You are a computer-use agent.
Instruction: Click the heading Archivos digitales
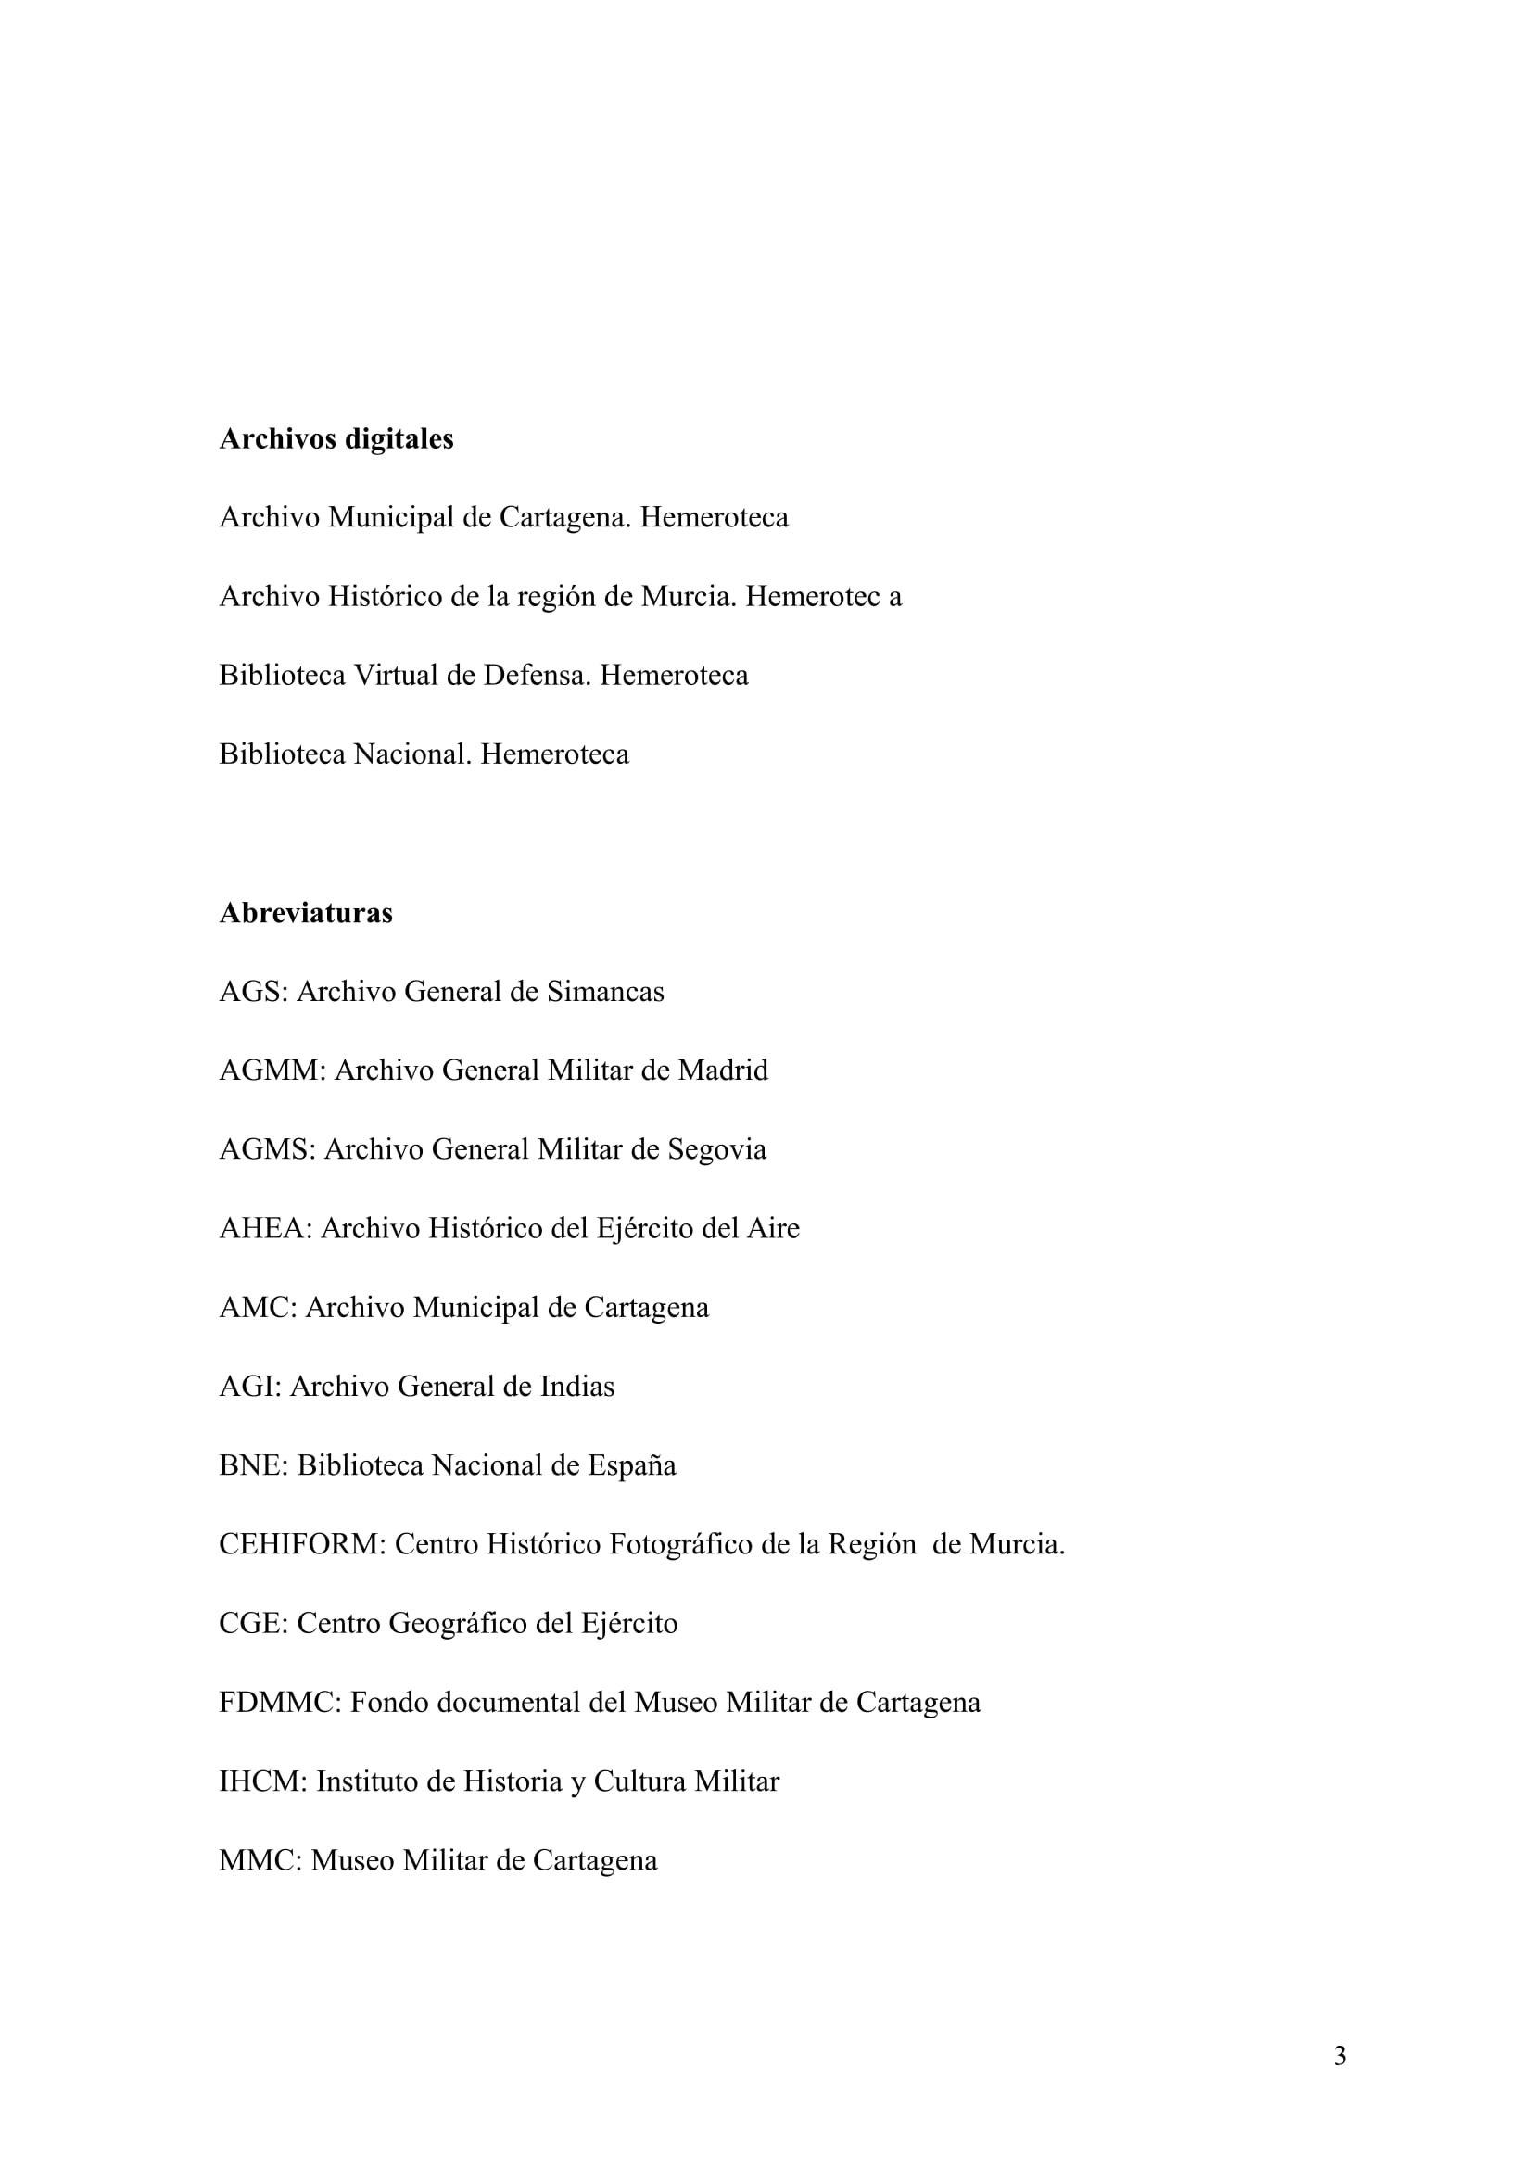336,439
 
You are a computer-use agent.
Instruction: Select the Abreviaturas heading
306,913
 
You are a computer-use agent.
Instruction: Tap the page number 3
1339,2082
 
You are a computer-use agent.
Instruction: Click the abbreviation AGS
253,993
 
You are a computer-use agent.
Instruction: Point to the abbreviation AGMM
272,1071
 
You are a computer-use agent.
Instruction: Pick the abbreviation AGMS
267,1150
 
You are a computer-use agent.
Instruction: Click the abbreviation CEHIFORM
302,1545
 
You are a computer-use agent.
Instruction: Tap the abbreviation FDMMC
279,1703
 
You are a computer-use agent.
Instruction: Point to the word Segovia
716,1150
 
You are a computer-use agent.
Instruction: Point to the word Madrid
722,1071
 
